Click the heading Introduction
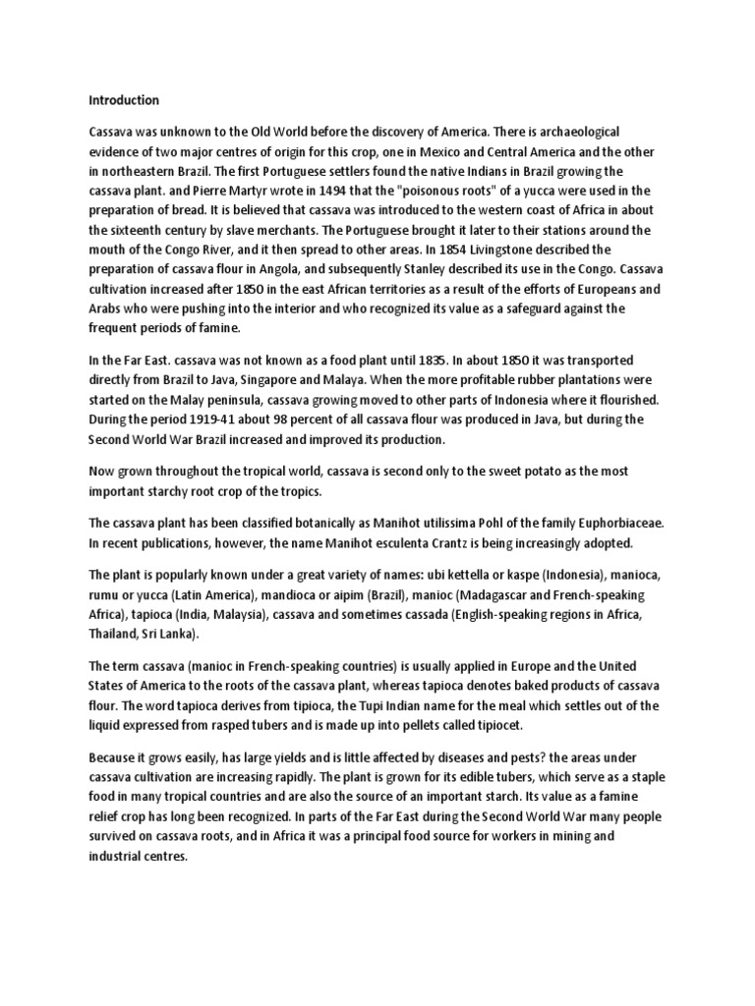pyautogui.click(x=124, y=100)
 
